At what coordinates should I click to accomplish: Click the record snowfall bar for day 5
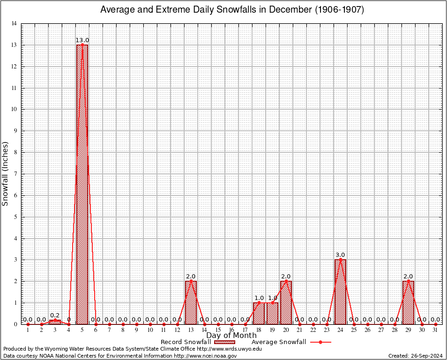tap(82, 187)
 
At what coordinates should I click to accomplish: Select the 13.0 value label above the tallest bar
tap(82, 40)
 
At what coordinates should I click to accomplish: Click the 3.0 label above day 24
tap(340, 255)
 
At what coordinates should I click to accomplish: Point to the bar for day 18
tap(259, 314)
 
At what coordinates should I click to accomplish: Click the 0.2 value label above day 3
tap(55, 315)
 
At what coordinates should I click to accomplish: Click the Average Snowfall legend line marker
tap(320, 342)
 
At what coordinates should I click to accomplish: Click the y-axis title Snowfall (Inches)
tap(6, 173)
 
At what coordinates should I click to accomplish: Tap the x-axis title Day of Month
tap(231, 335)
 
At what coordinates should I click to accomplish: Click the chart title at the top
tap(232, 10)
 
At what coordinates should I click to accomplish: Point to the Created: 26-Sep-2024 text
tap(416, 356)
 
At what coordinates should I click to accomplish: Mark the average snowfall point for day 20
tap(286, 281)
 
